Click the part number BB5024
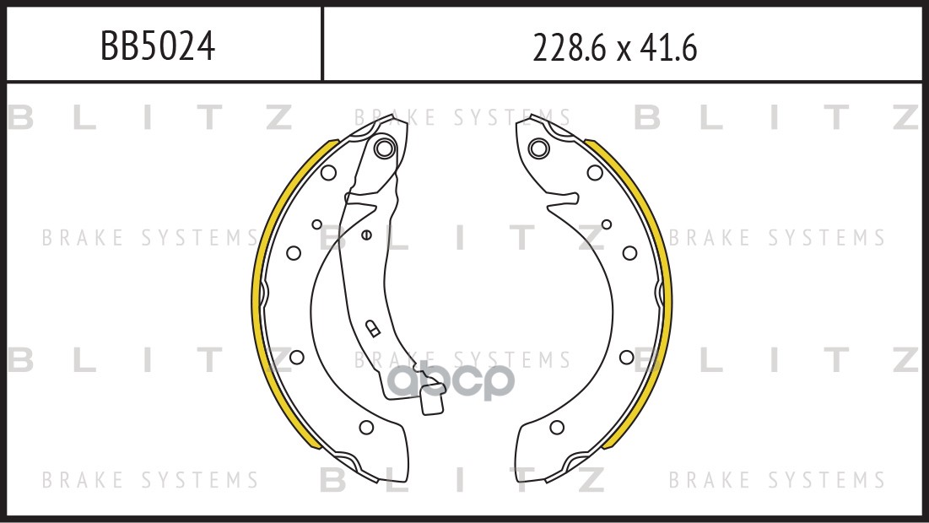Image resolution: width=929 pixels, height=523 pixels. pyautogui.click(x=158, y=46)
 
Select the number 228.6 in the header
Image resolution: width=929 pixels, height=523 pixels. pyautogui.click(x=570, y=47)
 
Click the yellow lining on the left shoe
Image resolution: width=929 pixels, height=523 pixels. pyautogui.click(x=256, y=296)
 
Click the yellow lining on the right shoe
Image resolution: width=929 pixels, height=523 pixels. pyautogui.click(x=668, y=296)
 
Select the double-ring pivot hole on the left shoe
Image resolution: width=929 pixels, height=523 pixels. pyautogui.click(x=385, y=148)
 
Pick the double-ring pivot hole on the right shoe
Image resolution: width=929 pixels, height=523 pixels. pyautogui.click(x=538, y=148)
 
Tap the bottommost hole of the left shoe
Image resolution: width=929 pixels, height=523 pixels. pyautogui.click(x=367, y=427)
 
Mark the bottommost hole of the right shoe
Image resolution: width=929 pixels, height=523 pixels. pyautogui.click(x=557, y=427)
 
